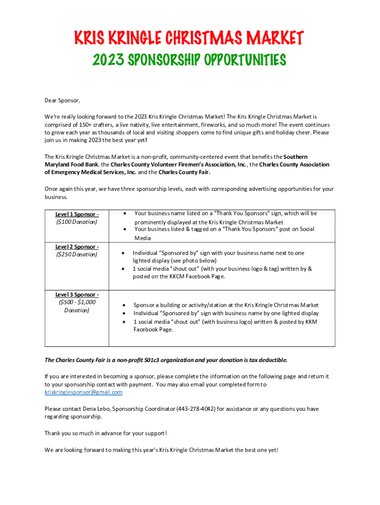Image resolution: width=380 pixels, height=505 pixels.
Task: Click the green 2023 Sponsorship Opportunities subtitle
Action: (190, 60)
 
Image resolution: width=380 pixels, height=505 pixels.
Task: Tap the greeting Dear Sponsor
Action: (62, 101)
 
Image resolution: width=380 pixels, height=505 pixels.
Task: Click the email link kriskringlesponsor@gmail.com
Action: (83, 392)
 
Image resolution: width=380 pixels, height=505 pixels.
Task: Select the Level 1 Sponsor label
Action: (77, 214)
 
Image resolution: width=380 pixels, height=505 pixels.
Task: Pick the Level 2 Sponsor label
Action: (77, 247)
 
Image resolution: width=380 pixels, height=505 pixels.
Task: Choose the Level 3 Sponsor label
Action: (77, 294)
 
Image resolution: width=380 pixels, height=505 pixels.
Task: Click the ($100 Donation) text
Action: (77, 222)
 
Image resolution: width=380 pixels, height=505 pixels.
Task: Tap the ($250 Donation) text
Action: (77, 254)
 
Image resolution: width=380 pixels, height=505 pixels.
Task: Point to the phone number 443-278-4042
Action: (196, 409)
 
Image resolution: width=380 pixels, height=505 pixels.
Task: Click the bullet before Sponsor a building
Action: (123, 305)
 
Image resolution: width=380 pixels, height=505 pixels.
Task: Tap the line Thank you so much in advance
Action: (106, 433)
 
